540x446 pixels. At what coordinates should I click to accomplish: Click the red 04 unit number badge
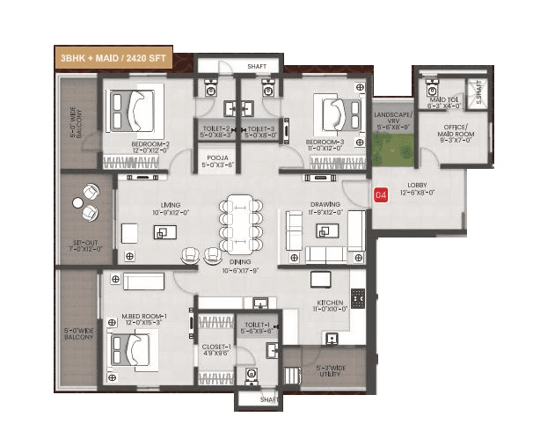(381, 194)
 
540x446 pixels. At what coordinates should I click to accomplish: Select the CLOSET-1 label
(216, 350)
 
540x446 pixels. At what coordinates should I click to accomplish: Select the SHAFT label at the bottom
(270, 398)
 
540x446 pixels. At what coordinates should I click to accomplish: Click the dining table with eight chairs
(239, 225)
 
